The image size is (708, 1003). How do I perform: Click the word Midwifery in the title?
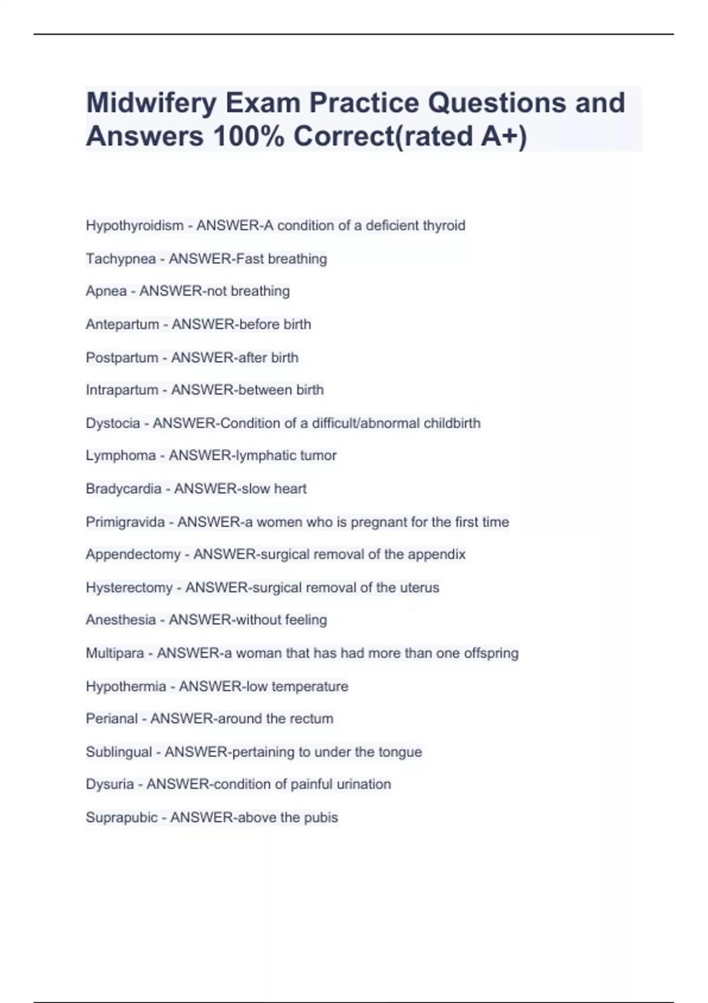(151, 104)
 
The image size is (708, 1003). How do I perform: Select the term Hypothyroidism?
(135, 226)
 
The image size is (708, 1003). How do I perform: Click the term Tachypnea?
(120, 259)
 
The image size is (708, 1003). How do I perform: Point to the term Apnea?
(106, 291)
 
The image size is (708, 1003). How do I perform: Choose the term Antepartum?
(122, 324)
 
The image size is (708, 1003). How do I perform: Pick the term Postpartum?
(122, 358)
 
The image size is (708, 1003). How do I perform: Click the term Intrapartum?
(122, 390)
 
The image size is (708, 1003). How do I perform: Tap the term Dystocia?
(113, 423)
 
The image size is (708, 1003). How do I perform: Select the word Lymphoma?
(120, 455)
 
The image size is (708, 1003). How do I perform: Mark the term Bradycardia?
(123, 489)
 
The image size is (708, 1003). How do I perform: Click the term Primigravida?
(125, 522)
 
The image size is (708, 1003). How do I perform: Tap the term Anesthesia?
(120, 620)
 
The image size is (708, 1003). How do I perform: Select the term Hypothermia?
(126, 687)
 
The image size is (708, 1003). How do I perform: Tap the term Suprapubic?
(122, 818)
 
